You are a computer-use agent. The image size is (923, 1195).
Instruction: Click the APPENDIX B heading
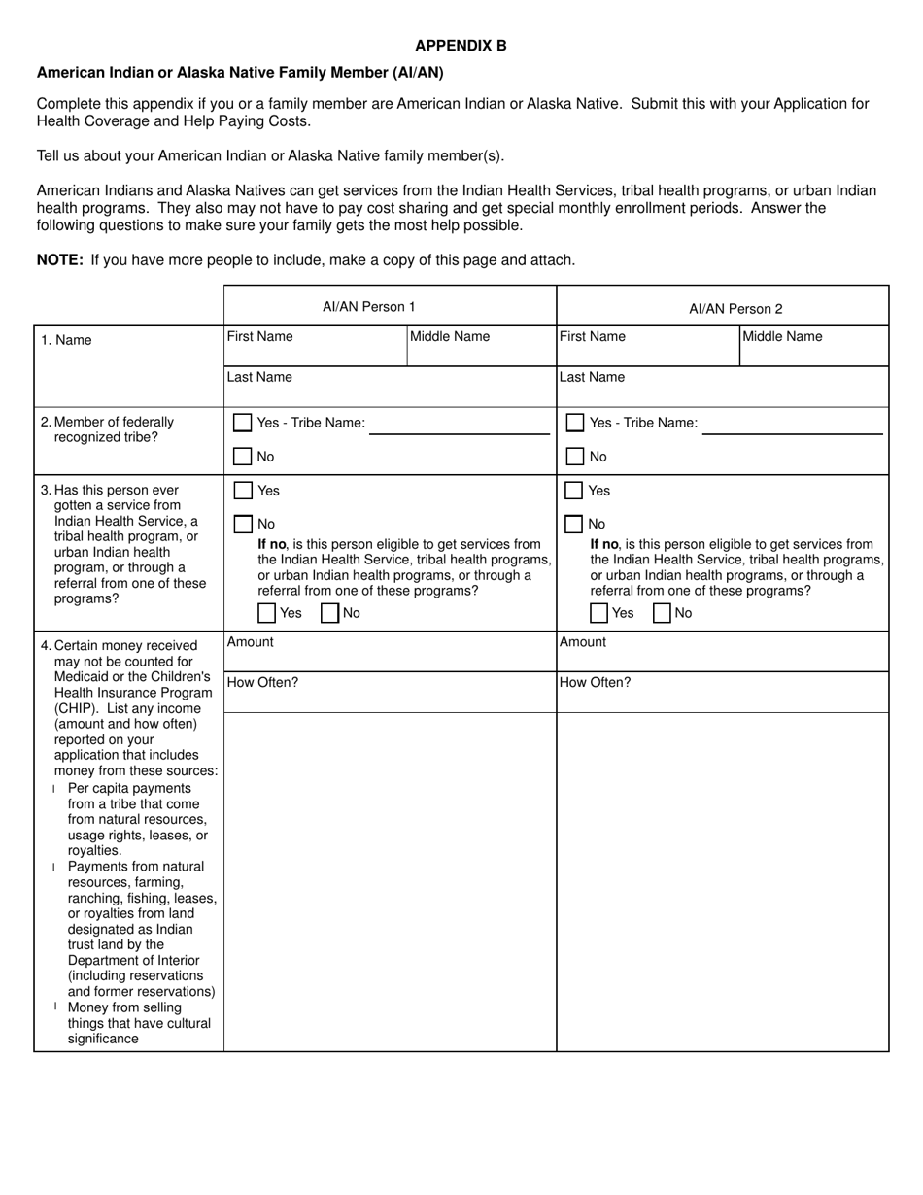461,46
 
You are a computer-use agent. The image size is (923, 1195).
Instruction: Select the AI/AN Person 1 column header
368,307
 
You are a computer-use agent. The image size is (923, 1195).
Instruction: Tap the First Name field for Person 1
315,347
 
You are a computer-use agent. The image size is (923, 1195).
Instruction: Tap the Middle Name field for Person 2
813,347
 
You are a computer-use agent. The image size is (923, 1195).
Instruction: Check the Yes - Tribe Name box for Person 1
243,423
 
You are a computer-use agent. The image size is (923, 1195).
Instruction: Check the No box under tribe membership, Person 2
575,457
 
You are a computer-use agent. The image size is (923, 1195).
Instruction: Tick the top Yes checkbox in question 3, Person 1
243,491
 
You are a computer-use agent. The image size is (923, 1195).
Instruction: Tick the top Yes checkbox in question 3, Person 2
574,491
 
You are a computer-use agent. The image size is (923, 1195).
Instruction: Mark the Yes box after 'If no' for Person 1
266,613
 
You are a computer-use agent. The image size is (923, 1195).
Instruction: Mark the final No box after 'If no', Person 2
662,613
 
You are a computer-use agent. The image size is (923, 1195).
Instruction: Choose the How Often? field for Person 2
722,693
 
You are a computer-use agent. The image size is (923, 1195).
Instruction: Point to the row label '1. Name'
66,340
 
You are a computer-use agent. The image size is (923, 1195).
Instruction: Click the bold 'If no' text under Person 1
272,544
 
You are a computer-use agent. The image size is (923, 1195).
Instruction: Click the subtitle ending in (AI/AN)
240,73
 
